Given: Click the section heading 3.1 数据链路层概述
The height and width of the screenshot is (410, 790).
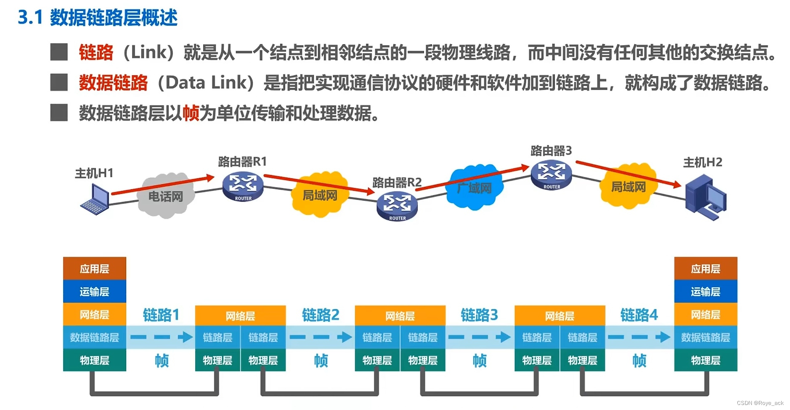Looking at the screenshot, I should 98,18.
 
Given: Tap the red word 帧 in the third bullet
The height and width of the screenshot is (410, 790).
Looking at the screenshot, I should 191,113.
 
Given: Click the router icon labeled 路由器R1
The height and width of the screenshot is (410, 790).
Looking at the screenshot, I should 243,186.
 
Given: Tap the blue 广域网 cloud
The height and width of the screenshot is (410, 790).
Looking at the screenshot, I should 475,187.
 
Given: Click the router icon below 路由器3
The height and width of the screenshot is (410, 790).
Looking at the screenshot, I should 551,175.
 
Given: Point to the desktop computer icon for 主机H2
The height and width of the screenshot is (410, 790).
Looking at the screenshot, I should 705,198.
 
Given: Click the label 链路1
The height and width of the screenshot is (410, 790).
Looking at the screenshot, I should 161,315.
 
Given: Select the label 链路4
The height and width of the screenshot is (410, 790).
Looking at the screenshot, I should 639,315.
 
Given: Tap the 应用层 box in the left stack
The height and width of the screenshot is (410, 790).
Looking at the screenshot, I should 95,268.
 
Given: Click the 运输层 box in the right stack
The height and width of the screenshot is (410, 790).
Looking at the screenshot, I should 705,291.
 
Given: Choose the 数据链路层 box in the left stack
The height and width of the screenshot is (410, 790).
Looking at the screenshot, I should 95,337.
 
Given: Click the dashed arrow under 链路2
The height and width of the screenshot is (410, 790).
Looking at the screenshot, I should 321,337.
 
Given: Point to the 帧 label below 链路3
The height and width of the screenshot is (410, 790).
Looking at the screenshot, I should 480,360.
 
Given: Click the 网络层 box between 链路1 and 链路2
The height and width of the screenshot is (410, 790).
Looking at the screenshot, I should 240,315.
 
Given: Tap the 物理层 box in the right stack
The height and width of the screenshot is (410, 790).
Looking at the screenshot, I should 705,360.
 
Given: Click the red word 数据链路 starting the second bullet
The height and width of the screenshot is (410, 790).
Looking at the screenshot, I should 113,82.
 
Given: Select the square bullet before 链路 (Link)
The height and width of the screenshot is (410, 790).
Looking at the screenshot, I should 59,52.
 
